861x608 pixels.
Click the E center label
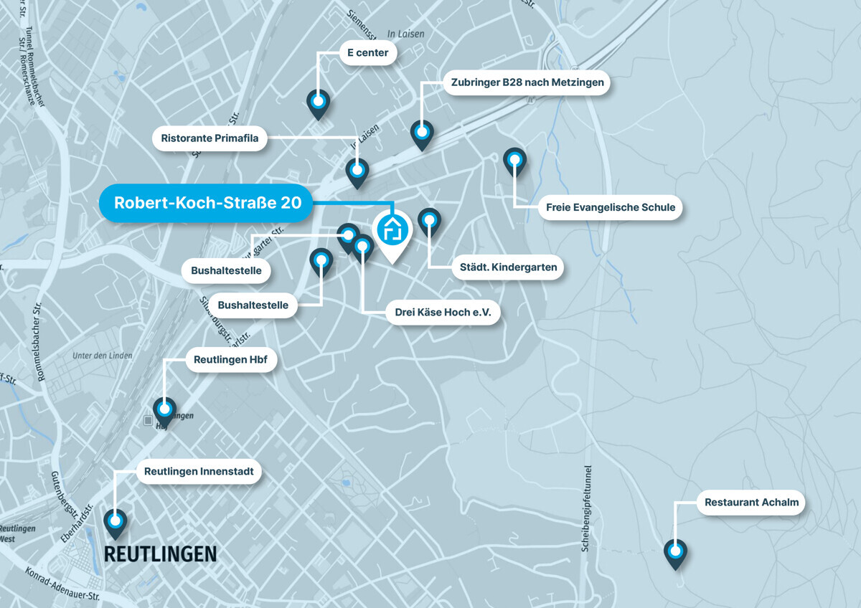tap(367, 52)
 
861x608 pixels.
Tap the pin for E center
tap(318, 102)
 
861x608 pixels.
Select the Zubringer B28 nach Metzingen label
tap(527, 82)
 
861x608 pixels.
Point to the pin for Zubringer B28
tap(422, 133)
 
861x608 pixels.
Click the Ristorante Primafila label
tap(210, 138)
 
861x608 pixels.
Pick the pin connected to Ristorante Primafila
tap(357, 171)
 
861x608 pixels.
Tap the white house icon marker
tap(392, 230)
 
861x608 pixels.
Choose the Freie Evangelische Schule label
tap(610, 207)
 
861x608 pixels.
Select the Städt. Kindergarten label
tap(508, 267)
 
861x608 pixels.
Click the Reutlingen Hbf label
tap(231, 360)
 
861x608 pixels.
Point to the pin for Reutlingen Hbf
tap(165, 409)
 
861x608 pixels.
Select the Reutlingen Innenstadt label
tap(199, 472)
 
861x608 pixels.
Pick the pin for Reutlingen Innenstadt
tap(115, 521)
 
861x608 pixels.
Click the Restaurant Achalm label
tap(751, 502)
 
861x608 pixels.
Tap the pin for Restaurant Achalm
tap(675, 551)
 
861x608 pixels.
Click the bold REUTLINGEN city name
tap(160, 554)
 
